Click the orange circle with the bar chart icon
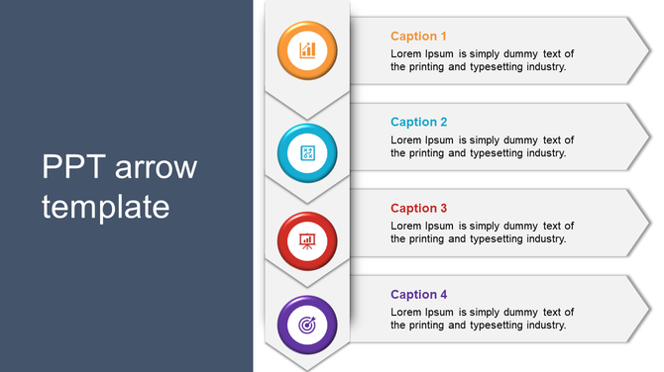click(x=307, y=48)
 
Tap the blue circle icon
click(x=307, y=152)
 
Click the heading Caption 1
click(x=418, y=37)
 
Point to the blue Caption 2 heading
click(x=418, y=123)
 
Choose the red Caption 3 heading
click(x=418, y=209)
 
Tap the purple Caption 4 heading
click(x=418, y=295)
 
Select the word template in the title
click(x=106, y=207)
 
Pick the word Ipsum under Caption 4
click(x=441, y=312)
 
